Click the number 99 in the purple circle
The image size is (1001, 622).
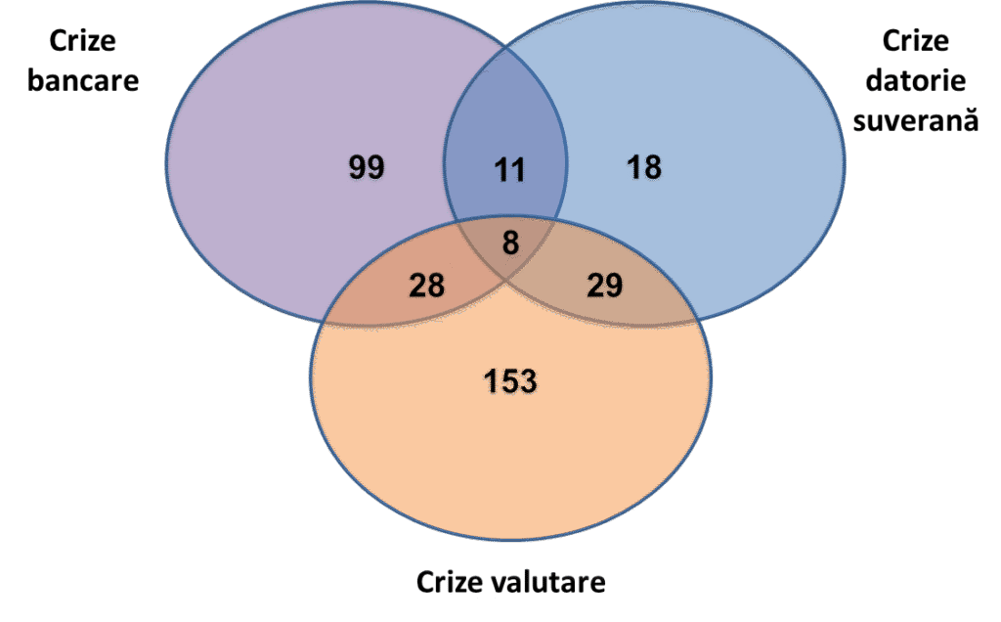click(367, 167)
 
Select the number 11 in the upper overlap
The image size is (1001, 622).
click(508, 170)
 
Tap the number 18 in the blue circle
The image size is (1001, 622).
click(643, 167)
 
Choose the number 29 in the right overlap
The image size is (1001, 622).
click(604, 285)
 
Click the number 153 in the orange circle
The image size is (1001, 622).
click(510, 380)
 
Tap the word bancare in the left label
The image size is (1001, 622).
click(83, 79)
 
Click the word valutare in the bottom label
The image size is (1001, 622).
click(554, 583)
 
